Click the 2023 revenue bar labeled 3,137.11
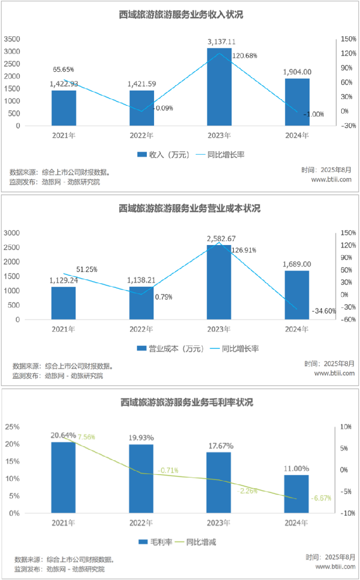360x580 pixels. [x=219, y=87]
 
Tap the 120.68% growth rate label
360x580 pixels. [x=245, y=56]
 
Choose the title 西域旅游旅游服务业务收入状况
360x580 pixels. [x=180, y=14]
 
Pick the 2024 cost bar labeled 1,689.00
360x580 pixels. [x=297, y=295]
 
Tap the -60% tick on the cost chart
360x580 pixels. [x=348, y=319]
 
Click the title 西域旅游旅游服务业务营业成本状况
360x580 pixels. [x=180, y=208]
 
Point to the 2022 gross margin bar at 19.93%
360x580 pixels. [x=141, y=478]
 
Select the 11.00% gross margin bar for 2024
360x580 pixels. [x=296, y=494]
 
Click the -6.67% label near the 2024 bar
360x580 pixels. [x=321, y=498]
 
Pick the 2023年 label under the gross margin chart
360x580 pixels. [x=218, y=523]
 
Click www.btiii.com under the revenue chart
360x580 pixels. [x=331, y=179]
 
